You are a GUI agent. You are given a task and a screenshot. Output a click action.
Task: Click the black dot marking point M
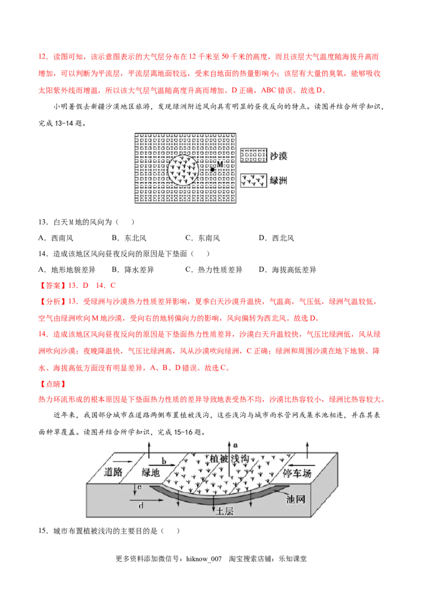[213, 170]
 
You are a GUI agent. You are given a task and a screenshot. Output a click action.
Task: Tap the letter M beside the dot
[220, 165]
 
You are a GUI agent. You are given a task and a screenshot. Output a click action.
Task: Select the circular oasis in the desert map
[184, 170]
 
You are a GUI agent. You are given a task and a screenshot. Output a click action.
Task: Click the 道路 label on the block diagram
[116, 472]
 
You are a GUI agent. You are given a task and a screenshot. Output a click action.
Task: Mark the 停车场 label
[298, 472]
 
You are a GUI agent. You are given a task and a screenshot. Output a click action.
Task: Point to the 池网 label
[294, 499]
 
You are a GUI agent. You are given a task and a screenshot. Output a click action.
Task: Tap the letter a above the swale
[236, 445]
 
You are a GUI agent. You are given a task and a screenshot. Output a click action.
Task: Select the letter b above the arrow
[164, 461]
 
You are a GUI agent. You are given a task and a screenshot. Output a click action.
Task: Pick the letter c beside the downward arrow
[138, 486]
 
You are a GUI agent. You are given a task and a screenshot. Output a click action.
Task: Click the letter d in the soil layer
[141, 506]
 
